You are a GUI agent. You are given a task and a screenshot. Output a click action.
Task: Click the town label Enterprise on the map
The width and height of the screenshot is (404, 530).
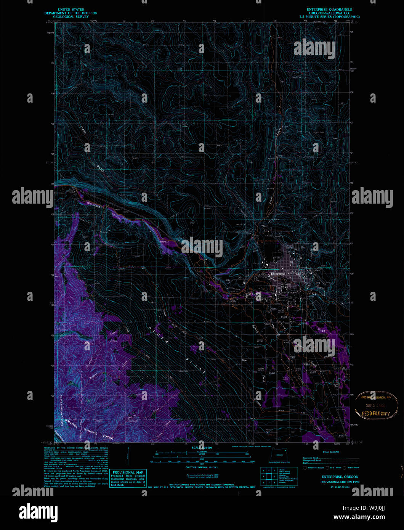pyautogui.click(x=278, y=274)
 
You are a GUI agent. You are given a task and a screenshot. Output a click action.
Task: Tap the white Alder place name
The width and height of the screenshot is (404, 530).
pyautogui.click(x=245, y=360)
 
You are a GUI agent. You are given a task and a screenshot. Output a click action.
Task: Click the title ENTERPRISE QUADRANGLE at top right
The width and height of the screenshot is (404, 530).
pyautogui.click(x=329, y=10)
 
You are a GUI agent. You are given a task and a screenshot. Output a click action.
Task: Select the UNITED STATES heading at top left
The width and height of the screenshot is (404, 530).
pyautogui.click(x=71, y=10)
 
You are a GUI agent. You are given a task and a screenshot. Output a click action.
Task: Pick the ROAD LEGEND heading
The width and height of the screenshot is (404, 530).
pyautogui.click(x=330, y=452)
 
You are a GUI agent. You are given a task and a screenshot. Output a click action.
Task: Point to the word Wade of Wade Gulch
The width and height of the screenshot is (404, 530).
pyautogui.click(x=83, y=130)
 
